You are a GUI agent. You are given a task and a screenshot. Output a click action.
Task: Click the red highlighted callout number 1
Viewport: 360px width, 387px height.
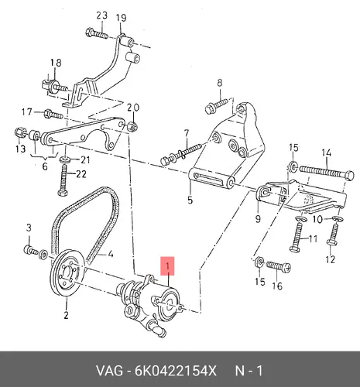pyautogui.click(x=167, y=265)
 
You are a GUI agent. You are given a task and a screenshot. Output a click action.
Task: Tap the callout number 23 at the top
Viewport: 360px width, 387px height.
pyautogui.click(x=101, y=15)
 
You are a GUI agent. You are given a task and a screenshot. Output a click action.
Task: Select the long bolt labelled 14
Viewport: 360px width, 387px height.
pyautogui.click(x=327, y=172)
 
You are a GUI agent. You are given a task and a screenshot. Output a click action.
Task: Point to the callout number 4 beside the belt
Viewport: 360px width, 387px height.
pyautogui.click(x=111, y=254)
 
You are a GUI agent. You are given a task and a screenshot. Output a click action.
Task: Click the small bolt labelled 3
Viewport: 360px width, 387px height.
pyautogui.click(x=31, y=250)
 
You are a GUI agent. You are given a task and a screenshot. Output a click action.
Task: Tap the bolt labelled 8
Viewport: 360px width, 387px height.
pyautogui.click(x=216, y=105)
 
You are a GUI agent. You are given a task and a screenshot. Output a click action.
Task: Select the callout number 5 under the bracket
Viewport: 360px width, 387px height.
pyautogui.click(x=190, y=200)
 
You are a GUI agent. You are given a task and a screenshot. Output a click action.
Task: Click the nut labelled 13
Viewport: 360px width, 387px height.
pyautogui.click(x=19, y=133)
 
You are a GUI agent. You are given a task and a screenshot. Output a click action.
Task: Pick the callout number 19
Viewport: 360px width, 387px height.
pyautogui.click(x=122, y=18)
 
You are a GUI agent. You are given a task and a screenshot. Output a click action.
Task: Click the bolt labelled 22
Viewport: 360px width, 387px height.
pyautogui.click(x=63, y=180)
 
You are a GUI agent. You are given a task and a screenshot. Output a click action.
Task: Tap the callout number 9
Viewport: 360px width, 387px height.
pyautogui.click(x=258, y=219)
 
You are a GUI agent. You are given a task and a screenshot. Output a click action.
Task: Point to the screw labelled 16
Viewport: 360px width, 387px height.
pyautogui.click(x=278, y=266)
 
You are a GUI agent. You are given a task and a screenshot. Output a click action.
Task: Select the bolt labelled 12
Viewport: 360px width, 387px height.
pyautogui.click(x=333, y=235)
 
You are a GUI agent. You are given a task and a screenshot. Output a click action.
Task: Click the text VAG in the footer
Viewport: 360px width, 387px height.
pyautogui.click(x=109, y=371)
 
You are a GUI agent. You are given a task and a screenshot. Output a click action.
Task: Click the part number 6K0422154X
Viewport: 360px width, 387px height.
pyautogui.click(x=175, y=371)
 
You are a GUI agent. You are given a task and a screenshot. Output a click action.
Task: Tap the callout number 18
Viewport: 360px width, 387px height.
pyautogui.click(x=56, y=63)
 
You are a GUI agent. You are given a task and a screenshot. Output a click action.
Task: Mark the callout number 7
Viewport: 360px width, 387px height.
pyautogui.click(x=187, y=133)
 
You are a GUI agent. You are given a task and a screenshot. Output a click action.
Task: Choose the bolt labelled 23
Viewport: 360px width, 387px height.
pyautogui.click(x=96, y=33)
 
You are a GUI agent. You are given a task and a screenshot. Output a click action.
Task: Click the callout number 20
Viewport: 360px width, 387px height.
pyautogui.click(x=133, y=108)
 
